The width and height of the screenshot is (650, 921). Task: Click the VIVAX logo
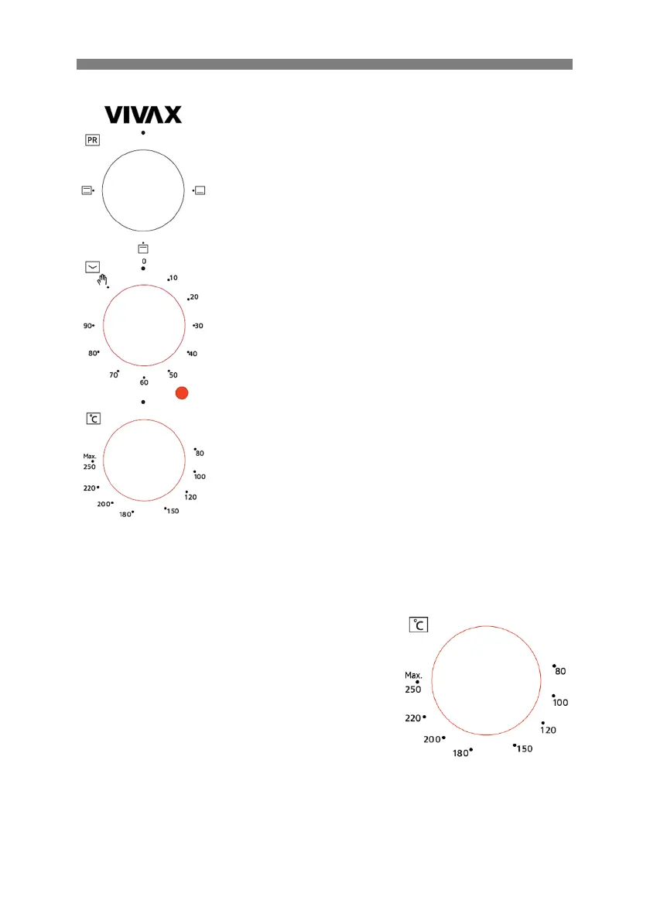pyautogui.click(x=143, y=115)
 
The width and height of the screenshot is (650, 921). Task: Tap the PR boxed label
pyautogui.click(x=92, y=140)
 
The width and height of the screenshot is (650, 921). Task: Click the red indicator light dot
pyautogui.click(x=182, y=393)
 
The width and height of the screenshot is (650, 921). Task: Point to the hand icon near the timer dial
pyautogui.click(x=102, y=279)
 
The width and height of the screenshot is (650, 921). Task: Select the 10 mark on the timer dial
pyautogui.click(x=173, y=278)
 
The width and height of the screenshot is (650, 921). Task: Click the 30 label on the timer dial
pyautogui.click(x=199, y=325)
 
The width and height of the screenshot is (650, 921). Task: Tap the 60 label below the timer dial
pyautogui.click(x=144, y=382)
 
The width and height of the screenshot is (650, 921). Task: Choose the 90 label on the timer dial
pyautogui.click(x=87, y=325)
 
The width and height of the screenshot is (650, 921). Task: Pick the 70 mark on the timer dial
pyautogui.click(x=113, y=375)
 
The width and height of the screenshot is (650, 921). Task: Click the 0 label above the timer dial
pyautogui.click(x=144, y=262)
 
